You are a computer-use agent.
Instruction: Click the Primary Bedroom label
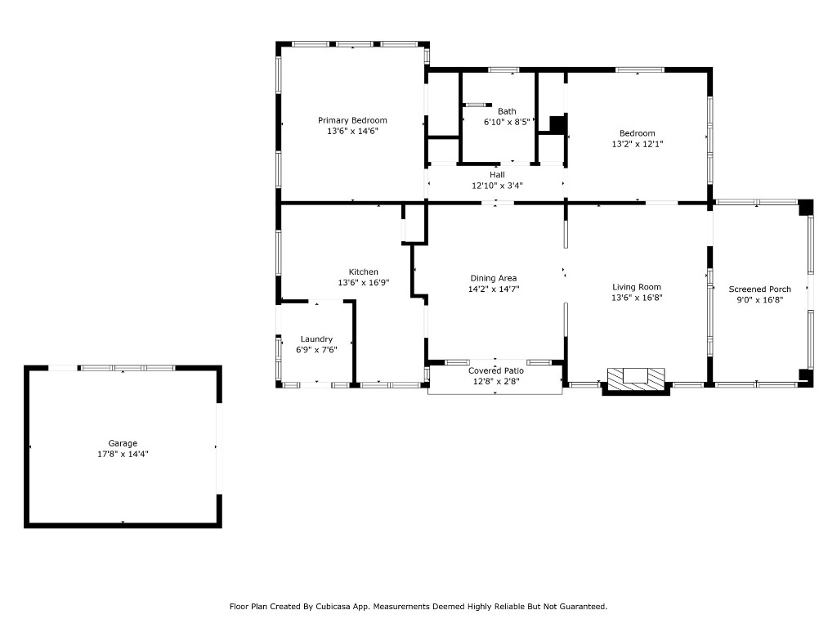pos(352,120)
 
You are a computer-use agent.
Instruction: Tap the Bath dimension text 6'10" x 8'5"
pos(507,122)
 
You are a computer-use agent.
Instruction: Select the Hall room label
pos(497,174)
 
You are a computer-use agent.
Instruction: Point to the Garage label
pos(123,443)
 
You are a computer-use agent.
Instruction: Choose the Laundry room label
pos(316,339)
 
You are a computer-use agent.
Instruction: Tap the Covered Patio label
pos(496,370)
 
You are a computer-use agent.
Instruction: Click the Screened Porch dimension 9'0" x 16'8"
pos(759,299)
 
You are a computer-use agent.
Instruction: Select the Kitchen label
pos(364,271)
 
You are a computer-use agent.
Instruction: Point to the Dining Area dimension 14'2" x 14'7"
pos(494,289)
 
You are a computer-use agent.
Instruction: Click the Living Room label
pos(637,287)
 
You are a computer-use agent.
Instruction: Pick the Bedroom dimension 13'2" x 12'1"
pos(637,144)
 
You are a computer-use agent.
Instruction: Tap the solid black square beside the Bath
pos(557,124)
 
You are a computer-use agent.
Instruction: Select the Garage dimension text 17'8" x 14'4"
pos(123,454)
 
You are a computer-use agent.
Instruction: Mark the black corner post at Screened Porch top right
pos(806,207)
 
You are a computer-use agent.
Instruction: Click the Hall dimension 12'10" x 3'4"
pos(497,185)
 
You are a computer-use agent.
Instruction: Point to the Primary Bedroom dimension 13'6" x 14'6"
pos(352,131)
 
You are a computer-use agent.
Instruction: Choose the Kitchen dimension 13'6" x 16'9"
pos(364,282)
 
